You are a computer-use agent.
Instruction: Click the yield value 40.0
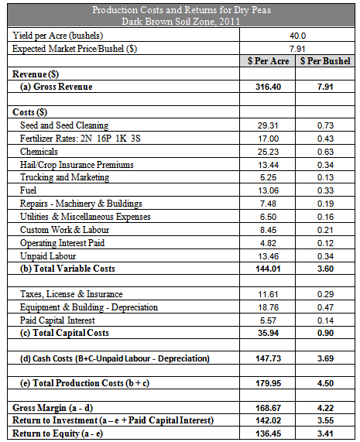[297, 36]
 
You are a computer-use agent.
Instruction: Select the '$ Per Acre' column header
[268, 61]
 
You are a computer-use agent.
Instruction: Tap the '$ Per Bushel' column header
[325, 61]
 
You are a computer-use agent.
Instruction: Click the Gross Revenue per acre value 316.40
[268, 87]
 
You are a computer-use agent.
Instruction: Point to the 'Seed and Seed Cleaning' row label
[64, 125]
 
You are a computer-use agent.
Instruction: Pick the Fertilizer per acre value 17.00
[268, 139]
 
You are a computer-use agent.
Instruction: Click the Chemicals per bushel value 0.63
[325, 152]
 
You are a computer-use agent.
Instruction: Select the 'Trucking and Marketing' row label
[64, 177]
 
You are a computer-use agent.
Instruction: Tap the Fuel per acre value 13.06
[268, 190]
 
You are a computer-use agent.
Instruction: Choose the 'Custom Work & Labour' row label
[64, 230]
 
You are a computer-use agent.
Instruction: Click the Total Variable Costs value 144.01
[268, 269]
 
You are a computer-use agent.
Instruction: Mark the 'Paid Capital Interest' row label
[57, 320]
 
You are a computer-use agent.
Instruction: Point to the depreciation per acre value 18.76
[268, 307]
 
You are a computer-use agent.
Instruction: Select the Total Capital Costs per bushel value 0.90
[325, 333]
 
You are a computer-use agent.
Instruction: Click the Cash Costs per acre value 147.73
[268, 358]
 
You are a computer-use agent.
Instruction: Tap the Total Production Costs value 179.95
[268, 383]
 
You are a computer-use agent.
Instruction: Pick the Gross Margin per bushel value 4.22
[325, 408]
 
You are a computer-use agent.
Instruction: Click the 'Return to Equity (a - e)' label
[57, 433]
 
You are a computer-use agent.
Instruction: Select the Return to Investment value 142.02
[268, 420]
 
